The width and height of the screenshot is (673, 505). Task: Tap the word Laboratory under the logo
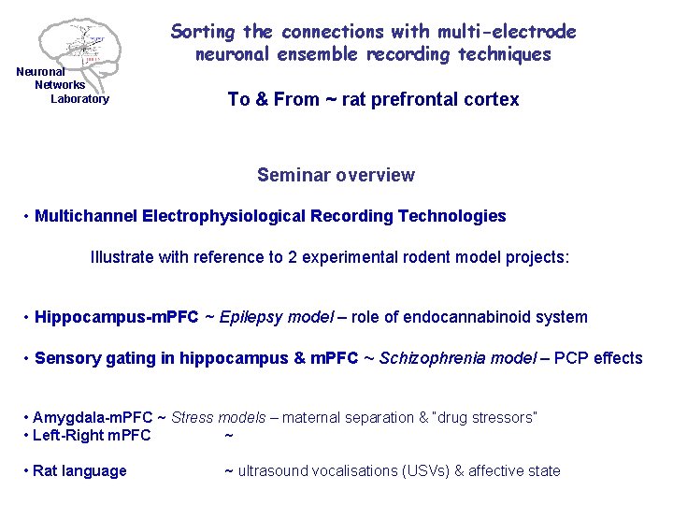click(x=79, y=99)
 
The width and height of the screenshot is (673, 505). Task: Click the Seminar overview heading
click(x=336, y=175)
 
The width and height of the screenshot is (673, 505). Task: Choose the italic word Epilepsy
click(x=250, y=317)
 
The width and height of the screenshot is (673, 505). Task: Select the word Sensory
click(x=64, y=358)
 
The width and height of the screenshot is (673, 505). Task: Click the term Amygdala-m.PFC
click(x=87, y=417)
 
